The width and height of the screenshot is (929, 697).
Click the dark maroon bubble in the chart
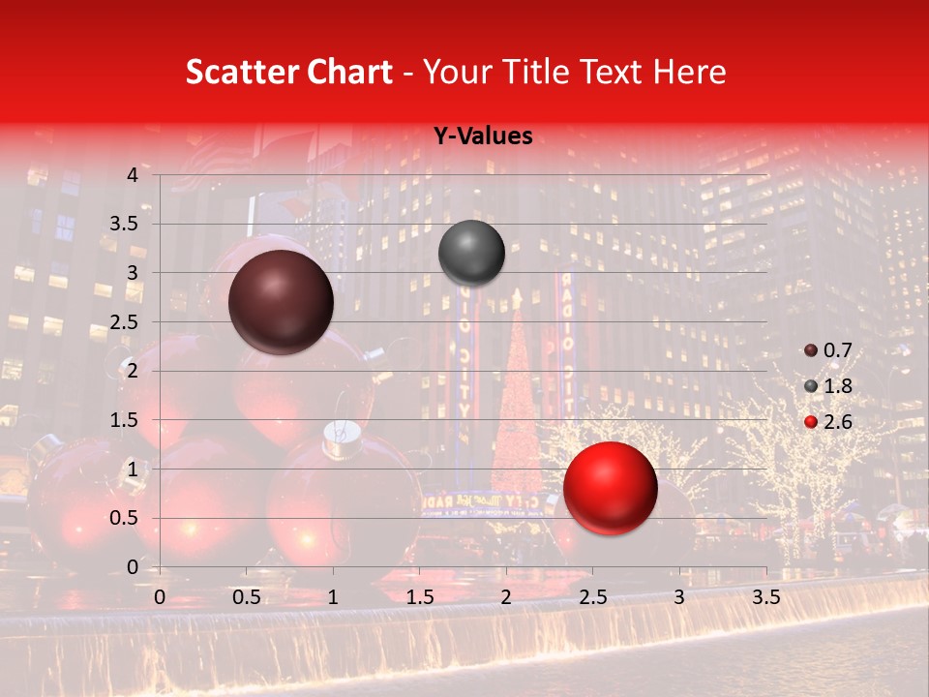(281, 302)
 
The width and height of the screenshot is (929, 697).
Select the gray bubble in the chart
(471, 253)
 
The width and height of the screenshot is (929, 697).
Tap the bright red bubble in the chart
(610, 488)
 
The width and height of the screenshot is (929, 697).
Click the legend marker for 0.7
(811, 350)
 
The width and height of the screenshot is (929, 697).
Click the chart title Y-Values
(482, 136)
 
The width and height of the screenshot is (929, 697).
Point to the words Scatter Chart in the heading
(288, 72)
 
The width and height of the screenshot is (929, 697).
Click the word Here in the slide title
(689, 72)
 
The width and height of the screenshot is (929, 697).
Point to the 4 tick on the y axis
(133, 175)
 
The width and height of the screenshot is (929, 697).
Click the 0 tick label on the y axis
(133, 566)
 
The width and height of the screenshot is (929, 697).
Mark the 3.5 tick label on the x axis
(765, 597)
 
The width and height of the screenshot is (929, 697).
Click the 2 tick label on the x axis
(506, 597)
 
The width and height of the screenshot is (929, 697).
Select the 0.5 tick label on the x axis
(247, 597)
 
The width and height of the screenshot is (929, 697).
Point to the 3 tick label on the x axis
(679, 597)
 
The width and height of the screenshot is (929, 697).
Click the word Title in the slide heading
(538, 72)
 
